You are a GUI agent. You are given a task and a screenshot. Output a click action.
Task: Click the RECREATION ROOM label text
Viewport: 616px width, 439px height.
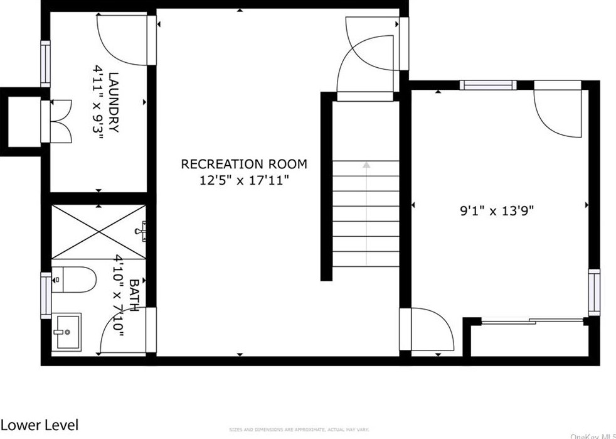tap(244, 165)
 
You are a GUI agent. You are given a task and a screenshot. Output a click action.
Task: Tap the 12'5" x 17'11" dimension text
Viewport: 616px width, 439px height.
tap(244, 181)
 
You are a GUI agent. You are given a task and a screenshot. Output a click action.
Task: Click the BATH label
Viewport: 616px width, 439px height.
tap(133, 295)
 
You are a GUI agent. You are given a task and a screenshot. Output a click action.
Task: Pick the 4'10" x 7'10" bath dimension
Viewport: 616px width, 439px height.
tap(118, 295)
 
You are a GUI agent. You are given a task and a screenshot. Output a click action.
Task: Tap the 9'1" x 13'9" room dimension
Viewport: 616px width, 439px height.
tap(496, 212)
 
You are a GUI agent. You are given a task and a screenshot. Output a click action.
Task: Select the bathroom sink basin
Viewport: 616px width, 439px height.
tap(66, 330)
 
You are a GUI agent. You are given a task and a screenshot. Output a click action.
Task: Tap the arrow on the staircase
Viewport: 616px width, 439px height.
tap(366, 165)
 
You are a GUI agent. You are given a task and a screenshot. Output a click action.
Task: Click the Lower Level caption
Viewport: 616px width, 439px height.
tap(40, 425)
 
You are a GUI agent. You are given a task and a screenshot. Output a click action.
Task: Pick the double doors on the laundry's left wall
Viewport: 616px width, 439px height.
tap(60, 121)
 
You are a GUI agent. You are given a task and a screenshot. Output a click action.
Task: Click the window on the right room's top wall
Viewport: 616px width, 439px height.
tap(487, 85)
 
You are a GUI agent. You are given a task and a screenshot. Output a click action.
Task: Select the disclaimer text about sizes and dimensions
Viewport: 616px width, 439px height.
tap(300, 430)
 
